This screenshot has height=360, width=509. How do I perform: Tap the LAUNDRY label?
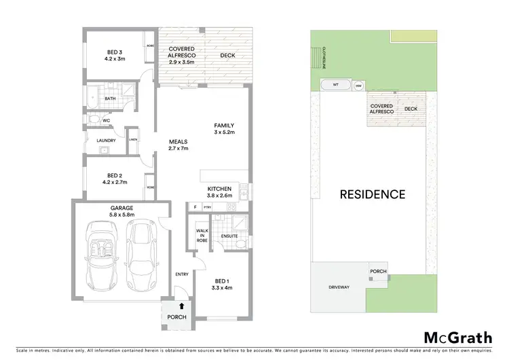[107, 141]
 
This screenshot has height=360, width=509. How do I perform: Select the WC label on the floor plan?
[106, 121]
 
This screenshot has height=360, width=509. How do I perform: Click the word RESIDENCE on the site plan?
[373, 194]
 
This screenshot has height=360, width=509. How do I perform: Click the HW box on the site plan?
[359, 86]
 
